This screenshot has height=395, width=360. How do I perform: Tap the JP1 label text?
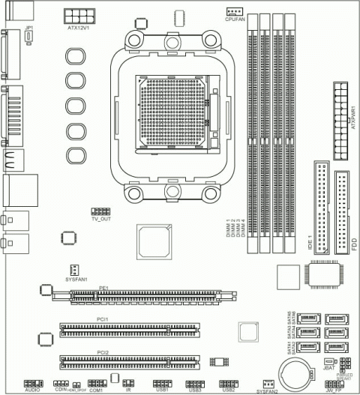point(28,28)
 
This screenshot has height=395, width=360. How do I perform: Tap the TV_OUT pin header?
point(100,213)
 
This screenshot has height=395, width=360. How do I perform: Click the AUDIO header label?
point(32,391)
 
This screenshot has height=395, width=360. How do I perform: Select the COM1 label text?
point(96,391)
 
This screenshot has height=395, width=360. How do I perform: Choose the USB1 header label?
point(162,391)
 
